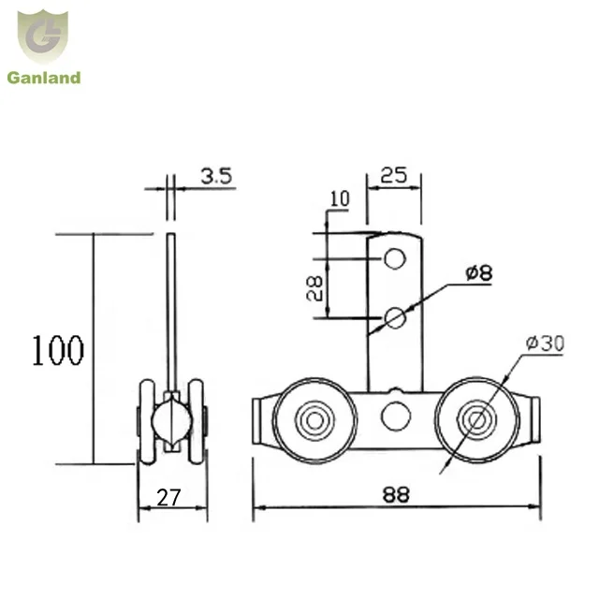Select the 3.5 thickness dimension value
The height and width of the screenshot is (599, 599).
tap(215, 174)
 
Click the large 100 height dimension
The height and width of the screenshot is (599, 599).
tap(58, 350)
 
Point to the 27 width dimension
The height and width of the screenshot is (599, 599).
tap(168, 497)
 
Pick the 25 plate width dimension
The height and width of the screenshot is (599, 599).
tap(393, 174)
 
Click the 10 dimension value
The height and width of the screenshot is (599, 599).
tap(338, 198)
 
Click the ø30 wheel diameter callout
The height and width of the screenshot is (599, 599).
tap(545, 344)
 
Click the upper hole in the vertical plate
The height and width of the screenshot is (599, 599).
tap(395, 257)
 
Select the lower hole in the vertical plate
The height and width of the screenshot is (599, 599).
tap(395, 317)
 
